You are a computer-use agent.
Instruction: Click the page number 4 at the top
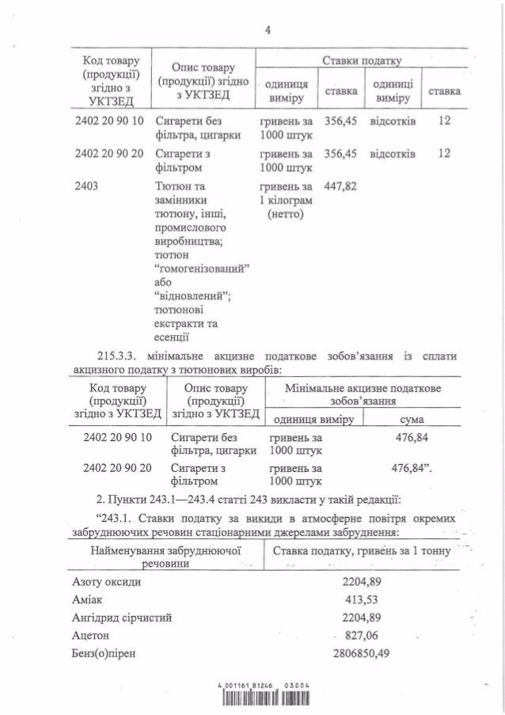coord(268,32)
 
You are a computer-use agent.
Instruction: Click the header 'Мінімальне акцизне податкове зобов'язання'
coord(363,396)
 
